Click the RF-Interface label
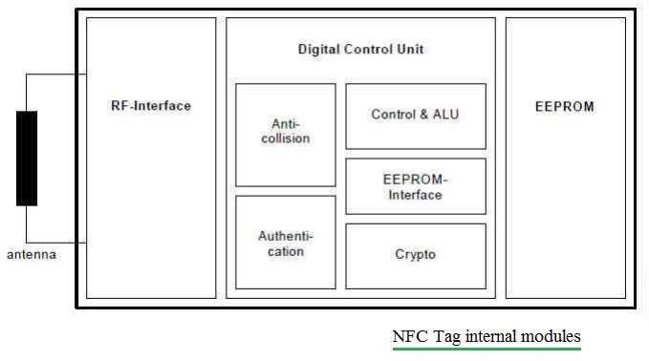point(151,106)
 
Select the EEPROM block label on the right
point(564,106)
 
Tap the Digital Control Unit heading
point(360,49)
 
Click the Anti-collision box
point(285,134)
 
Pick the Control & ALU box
point(415,116)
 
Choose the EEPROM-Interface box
point(415,186)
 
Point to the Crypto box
point(415,255)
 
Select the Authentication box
point(285,243)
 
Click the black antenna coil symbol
point(27,159)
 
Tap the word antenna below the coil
point(31,255)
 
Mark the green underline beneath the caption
point(487,349)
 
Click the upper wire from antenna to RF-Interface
point(55,74)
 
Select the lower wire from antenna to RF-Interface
point(55,243)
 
